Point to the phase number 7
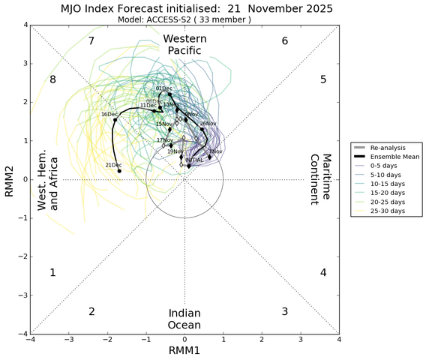(x=91, y=40)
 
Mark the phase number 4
(x=323, y=272)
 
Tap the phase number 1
(x=52, y=272)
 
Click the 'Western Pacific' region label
(x=184, y=44)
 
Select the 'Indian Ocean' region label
(x=184, y=319)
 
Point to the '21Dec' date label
(x=113, y=165)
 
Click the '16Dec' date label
(x=109, y=114)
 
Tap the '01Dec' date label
(x=163, y=88)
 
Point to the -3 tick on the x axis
(x=69, y=340)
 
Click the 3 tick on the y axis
(x=24, y=63)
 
